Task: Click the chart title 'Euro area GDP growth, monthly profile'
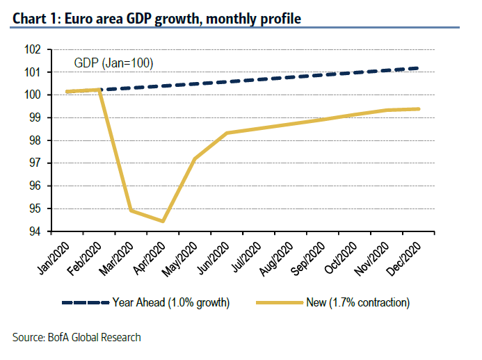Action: tap(156, 18)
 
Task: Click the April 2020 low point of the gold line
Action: tap(162, 222)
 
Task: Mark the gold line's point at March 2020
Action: tap(130, 211)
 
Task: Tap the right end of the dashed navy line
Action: tap(419, 68)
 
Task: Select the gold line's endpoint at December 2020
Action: tap(419, 108)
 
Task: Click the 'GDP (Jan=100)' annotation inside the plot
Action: tap(113, 63)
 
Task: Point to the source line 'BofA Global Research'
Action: tap(77, 338)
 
